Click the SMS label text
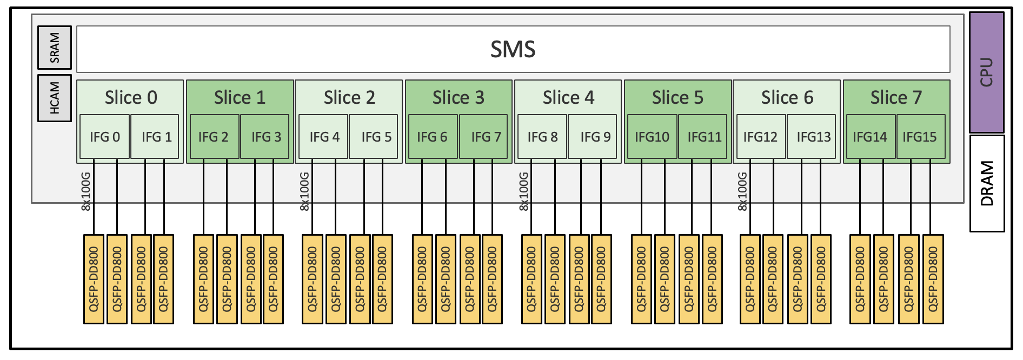click(513, 49)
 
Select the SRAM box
click(54, 48)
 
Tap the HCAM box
click(54, 98)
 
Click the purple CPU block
click(986, 72)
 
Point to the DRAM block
click(986, 183)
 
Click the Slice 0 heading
click(131, 97)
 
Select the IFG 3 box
click(265, 137)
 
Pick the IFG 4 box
click(324, 137)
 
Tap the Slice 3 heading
click(458, 97)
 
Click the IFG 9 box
click(594, 137)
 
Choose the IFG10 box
click(652, 137)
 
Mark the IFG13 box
click(813, 137)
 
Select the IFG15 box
click(920, 137)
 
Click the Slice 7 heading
click(895, 97)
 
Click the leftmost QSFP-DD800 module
click(93, 279)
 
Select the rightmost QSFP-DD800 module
click(933, 279)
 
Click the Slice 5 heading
click(677, 97)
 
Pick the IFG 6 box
click(431, 137)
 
